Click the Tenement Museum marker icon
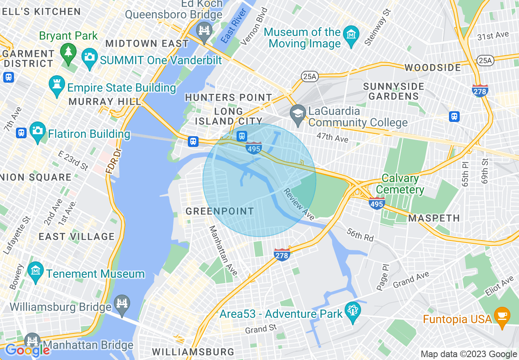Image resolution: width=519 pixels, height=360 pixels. [x=35, y=271]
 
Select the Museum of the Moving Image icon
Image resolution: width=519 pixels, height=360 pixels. [x=351, y=34]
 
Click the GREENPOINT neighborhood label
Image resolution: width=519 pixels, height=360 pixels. [x=220, y=211]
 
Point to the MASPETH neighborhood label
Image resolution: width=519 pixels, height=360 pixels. [x=434, y=218]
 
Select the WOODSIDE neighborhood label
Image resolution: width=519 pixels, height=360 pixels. [x=433, y=67]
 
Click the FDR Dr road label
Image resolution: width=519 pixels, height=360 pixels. [x=113, y=162]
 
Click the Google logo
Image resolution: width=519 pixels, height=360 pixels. [x=28, y=350]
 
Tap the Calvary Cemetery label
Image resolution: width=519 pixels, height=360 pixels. [x=400, y=184]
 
